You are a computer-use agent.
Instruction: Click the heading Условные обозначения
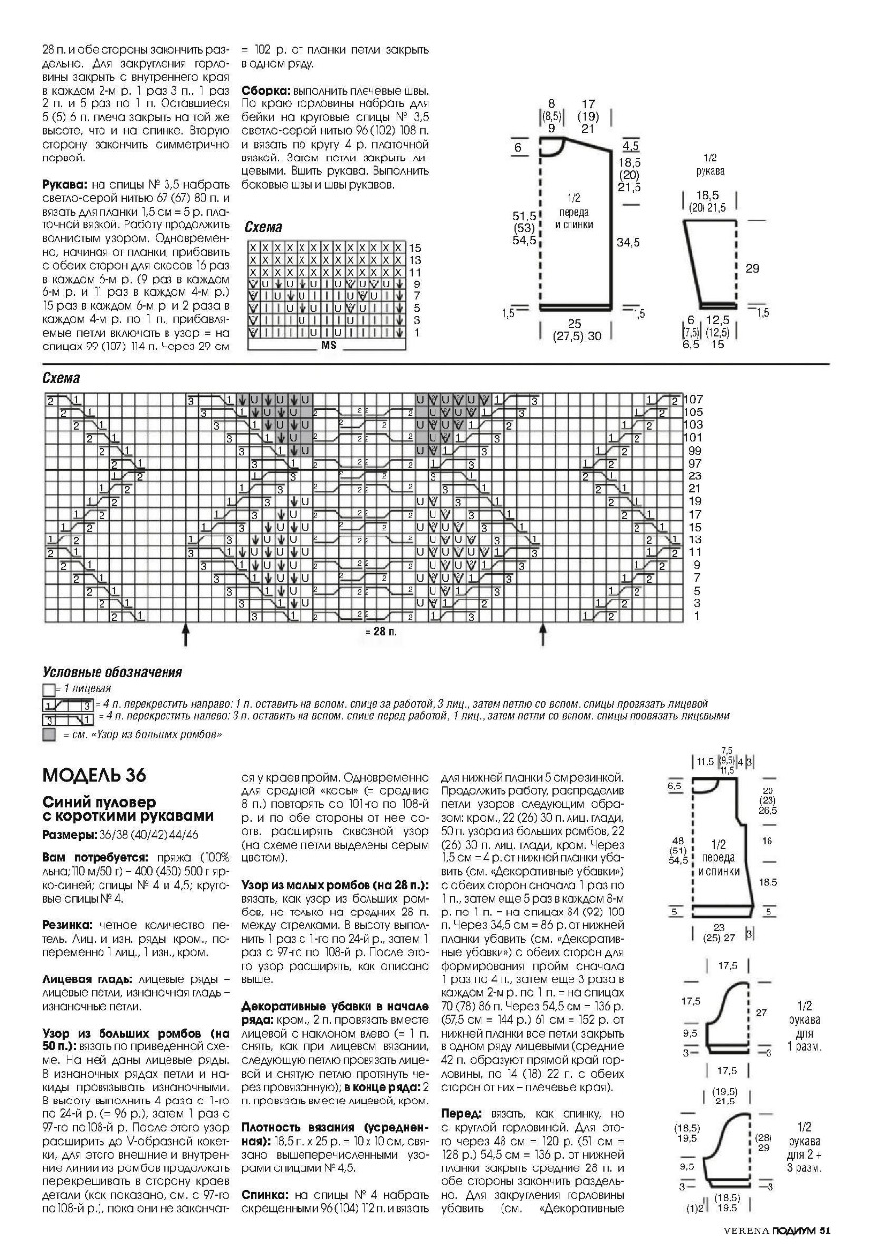pyautogui.click(x=112, y=673)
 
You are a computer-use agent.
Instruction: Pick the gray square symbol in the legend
pyautogui.click(x=48, y=734)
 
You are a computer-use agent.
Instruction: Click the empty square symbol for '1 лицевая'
pyautogui.click(x=48, y=689)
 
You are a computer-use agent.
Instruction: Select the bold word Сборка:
pyautogui.click(x=265, y=89)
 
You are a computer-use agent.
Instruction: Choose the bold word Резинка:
pyautogui.click(x=67, y=926)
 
